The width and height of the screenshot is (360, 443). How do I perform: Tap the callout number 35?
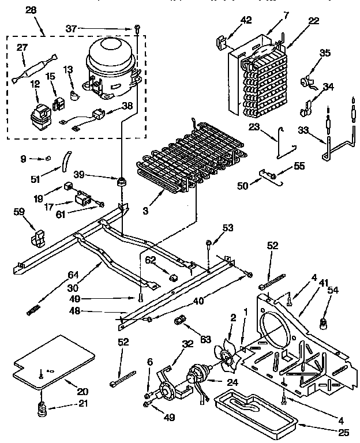click(325, 54)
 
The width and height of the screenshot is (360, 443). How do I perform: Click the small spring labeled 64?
click(36, 310)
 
